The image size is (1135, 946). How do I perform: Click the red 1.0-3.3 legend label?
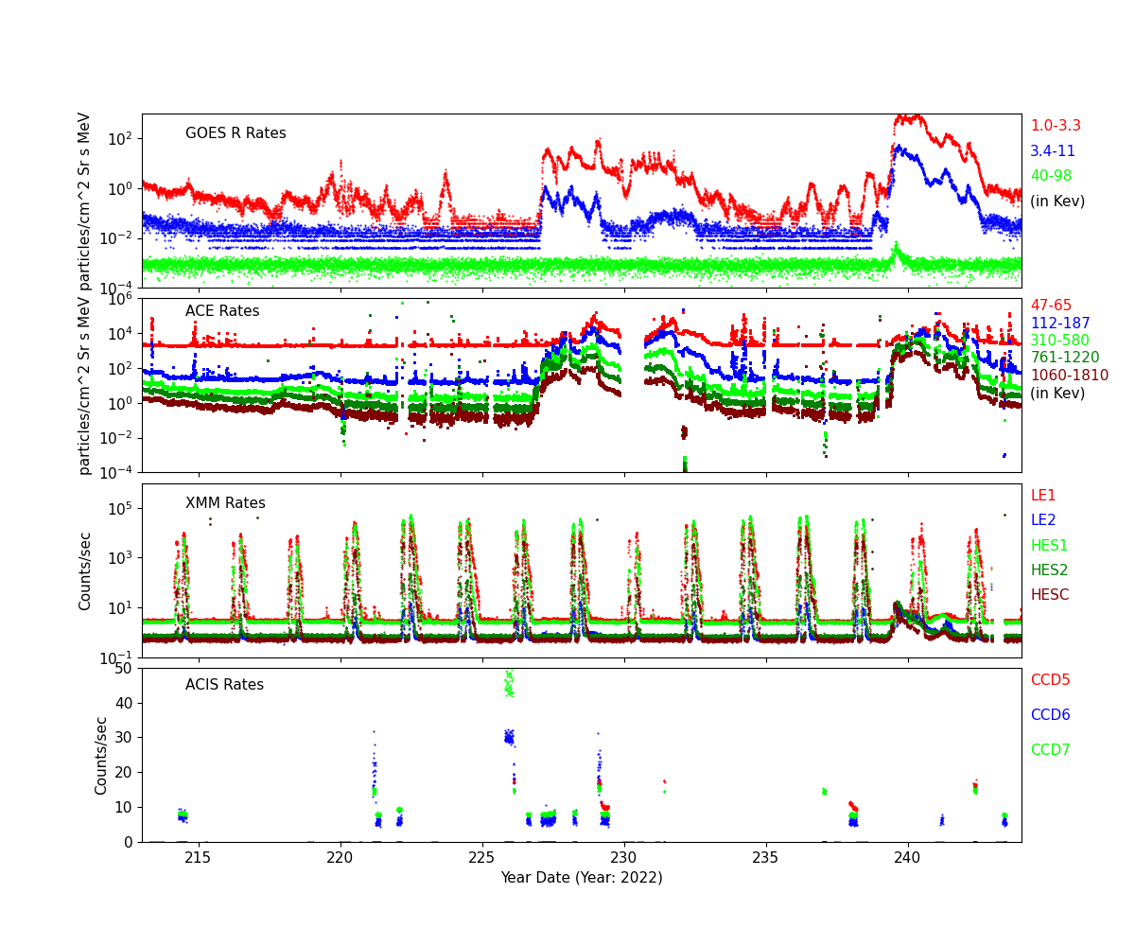(1055, 126)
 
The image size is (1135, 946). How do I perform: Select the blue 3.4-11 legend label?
(1052, 151)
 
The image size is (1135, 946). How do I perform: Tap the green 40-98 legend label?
(1051, 176)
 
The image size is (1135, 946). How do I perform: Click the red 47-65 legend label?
(1051, 306)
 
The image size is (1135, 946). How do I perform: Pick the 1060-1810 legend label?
(1069, 376)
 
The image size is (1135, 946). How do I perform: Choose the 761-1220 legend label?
(1064, 358)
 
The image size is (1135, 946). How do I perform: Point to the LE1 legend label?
(1042, 496)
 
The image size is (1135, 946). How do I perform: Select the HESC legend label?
(1049, 595)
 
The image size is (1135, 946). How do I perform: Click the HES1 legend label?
(1049, 545)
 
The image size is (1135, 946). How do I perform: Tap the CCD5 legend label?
(1050, 680)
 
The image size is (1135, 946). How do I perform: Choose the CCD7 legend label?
(1050, 750)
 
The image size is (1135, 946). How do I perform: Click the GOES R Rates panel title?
(236, 133)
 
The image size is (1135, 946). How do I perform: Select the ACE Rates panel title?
(222, 311)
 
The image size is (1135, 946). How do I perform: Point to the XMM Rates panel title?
(225, 503)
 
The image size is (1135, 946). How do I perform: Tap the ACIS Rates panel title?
(224, 685)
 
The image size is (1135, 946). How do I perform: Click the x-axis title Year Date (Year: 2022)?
(582, 877)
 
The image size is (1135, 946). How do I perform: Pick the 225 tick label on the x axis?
(482, 858)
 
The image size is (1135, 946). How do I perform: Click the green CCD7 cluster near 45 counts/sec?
(509, 684)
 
